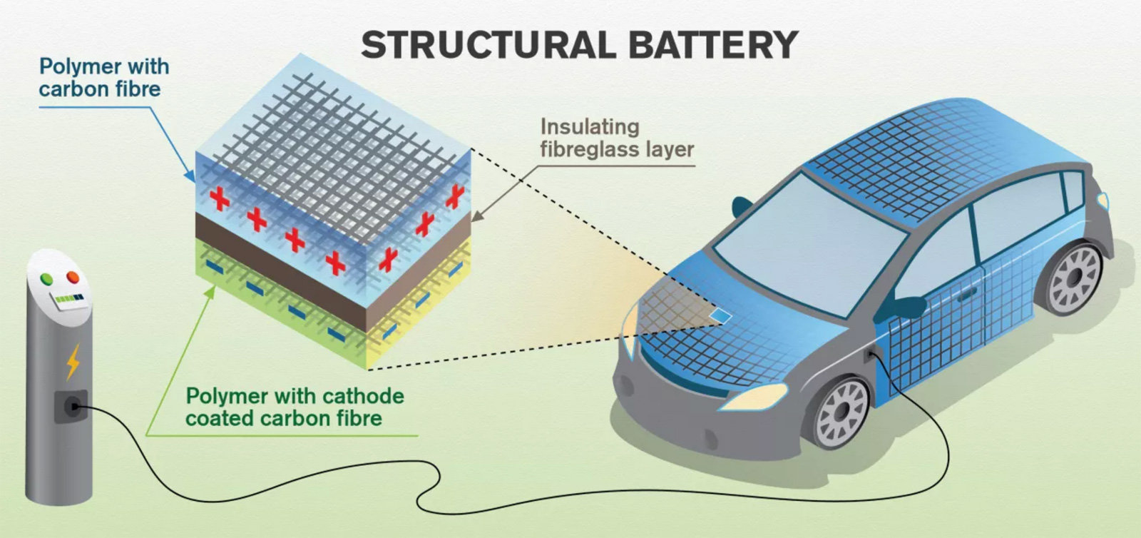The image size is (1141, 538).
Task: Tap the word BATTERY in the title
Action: coord(713,45)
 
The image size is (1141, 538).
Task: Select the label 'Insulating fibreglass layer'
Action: coord(616,138)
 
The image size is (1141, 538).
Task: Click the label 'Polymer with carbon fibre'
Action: coord(104,78)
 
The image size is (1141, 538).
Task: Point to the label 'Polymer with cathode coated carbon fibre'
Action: coord(295,407)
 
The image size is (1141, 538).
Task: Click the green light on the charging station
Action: coord(48,278)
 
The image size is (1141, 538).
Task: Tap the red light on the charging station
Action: coord(73,277)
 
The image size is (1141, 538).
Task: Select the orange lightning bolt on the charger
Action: coord(73,362)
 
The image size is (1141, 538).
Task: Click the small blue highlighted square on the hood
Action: coord(722,314)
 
